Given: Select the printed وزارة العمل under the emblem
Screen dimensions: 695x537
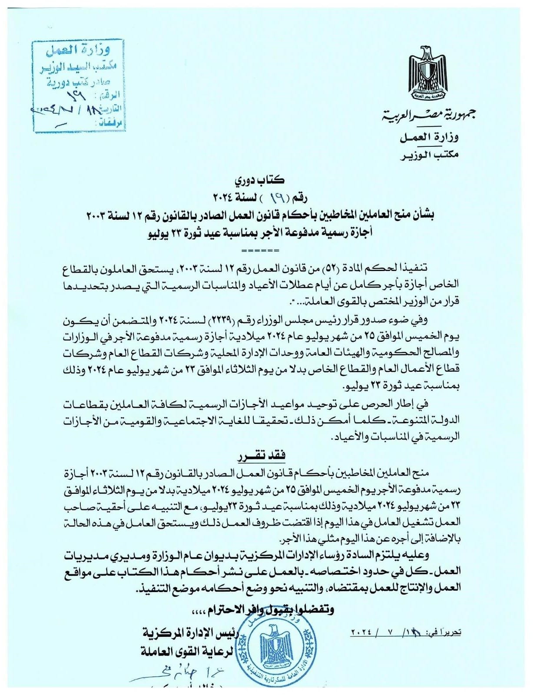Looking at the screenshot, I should [x=429, y=138].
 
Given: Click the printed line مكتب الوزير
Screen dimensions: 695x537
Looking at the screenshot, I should [x=429, y=155].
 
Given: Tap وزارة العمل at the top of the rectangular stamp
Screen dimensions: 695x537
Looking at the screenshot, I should [x=79, y=51].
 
